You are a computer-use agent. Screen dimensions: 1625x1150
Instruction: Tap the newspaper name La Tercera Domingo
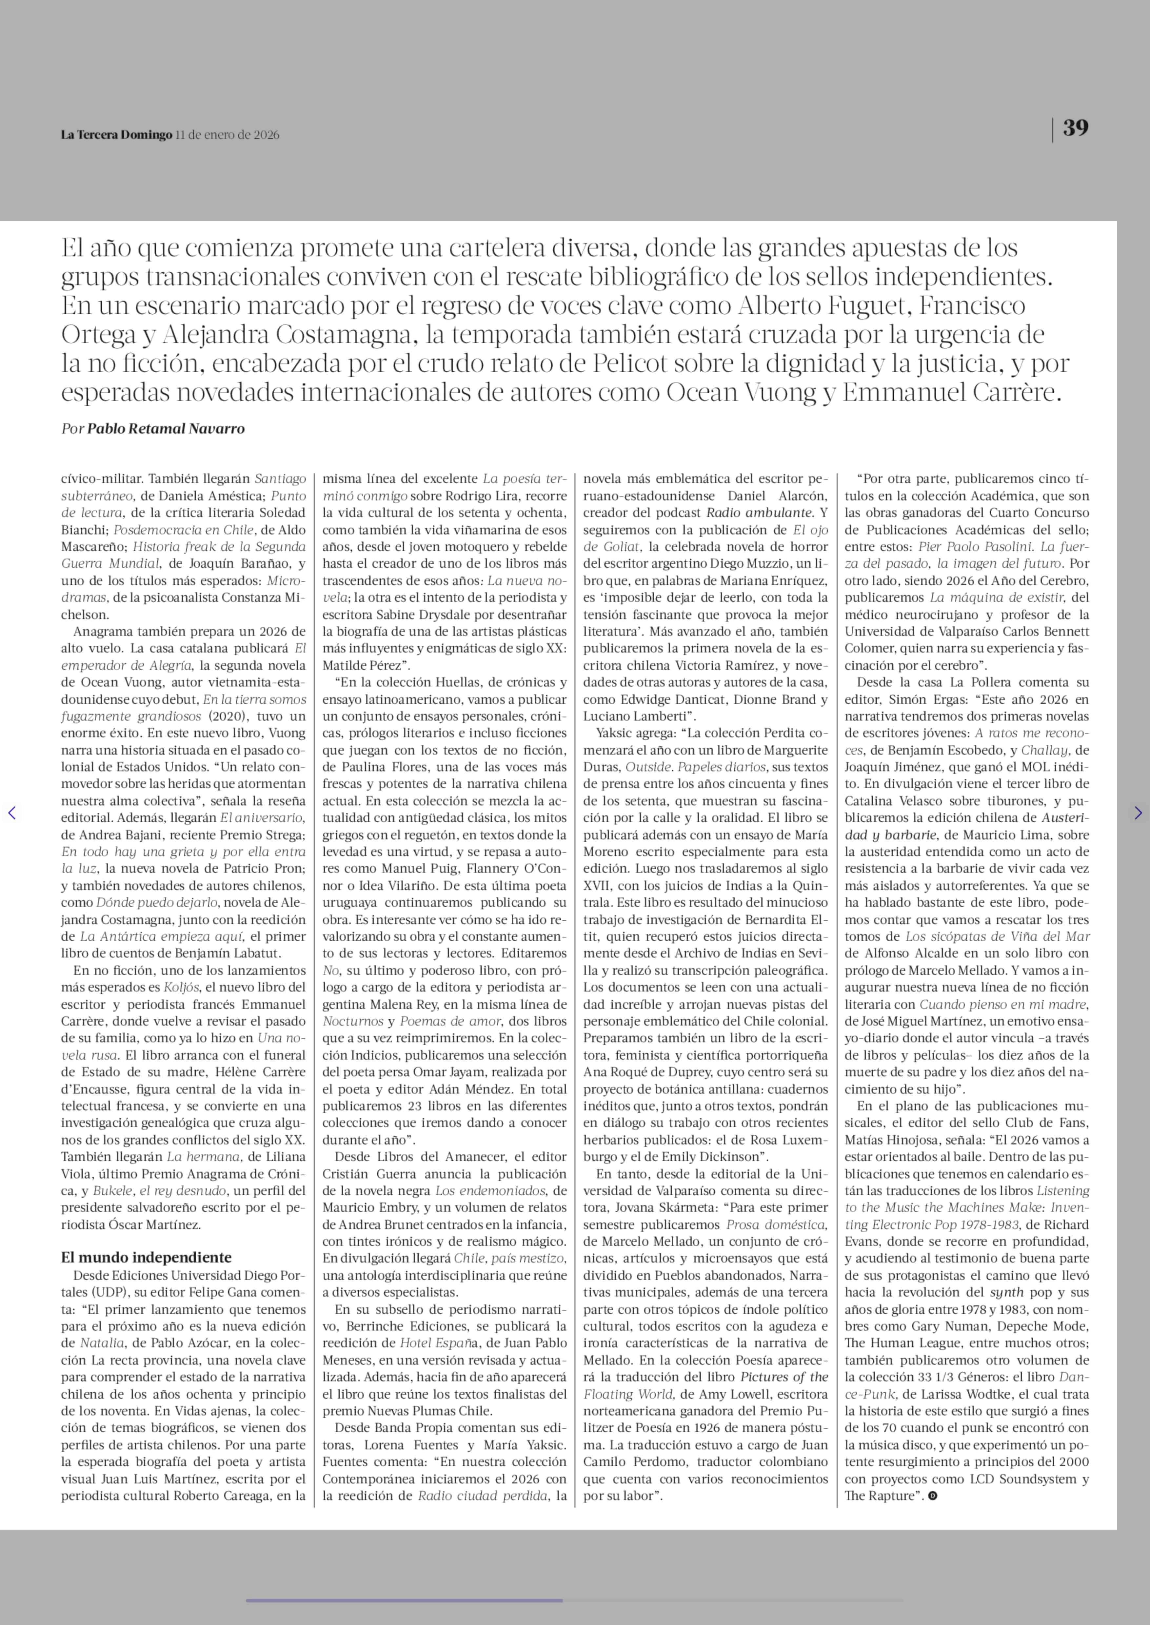(x=116, y=134)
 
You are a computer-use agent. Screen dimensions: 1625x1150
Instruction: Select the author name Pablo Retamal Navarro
(x=166, y=428)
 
